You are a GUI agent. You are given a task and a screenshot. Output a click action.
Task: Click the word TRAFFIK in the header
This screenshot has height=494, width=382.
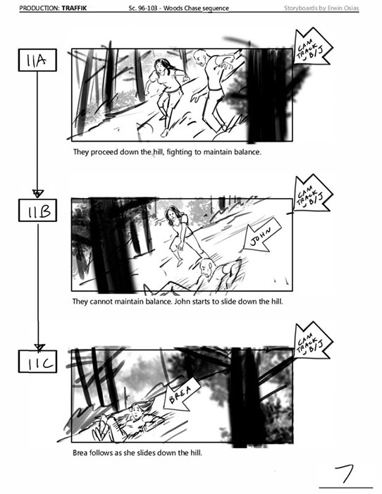pos(74,8)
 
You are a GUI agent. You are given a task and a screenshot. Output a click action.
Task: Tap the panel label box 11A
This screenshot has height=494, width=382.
pos(37,60)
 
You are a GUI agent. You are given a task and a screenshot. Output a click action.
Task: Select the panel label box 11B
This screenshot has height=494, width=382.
pos(37,210)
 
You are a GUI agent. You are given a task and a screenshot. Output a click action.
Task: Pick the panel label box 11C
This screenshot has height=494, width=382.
pos(37,362)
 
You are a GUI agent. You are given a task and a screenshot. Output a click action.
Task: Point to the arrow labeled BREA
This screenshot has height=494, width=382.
pos(181,395)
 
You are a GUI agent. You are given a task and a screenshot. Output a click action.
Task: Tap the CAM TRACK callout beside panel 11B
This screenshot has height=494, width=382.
pos(312,193)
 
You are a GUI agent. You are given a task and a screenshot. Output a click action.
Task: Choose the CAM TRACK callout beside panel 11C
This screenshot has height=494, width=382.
pos(312,340)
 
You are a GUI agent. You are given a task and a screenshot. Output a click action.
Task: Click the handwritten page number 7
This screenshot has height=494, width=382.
pos(346,474)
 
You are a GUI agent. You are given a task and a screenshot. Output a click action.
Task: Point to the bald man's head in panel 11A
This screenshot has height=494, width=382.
pos(201,56)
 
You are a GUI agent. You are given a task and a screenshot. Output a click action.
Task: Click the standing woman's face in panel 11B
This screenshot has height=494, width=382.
pos(172,214)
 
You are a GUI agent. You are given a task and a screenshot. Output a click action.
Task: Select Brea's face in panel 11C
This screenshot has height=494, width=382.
pos(136,411)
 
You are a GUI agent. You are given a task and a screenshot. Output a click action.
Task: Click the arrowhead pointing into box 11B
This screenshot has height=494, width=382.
pos(38,193)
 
